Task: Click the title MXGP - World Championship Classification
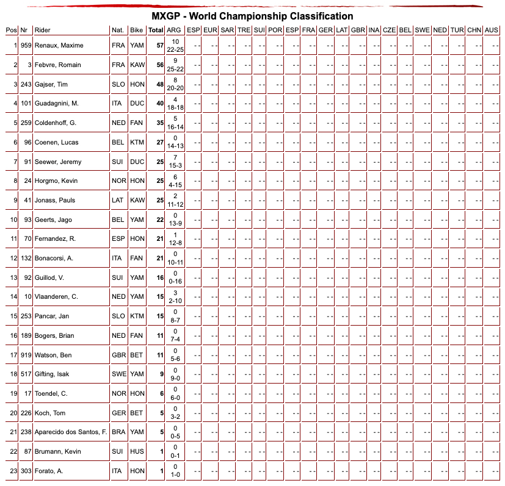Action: click(x=252, y=16)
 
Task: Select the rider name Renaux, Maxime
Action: click(x=59, y=45)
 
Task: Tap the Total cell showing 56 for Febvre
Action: click(x=160, y=65)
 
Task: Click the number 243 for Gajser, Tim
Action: click(x=25, y=84)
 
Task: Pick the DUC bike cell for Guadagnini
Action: click(x=137, y=104)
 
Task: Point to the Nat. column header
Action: click(x=118, y=30)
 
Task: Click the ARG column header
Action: click(x=173, y=30)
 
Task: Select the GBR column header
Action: click(x=358, y=30)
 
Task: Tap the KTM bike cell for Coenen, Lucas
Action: click(x=137, y=142)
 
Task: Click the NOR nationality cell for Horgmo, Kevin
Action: click(x=118, y=180)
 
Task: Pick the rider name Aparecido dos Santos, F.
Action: click(x=71, y=432)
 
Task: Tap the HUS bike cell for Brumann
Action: click(x=137, y=451)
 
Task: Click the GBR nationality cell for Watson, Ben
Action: click(x=118, y=355)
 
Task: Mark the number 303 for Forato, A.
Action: click(x=25, y=471)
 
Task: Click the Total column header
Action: click(x=156, y=30)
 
